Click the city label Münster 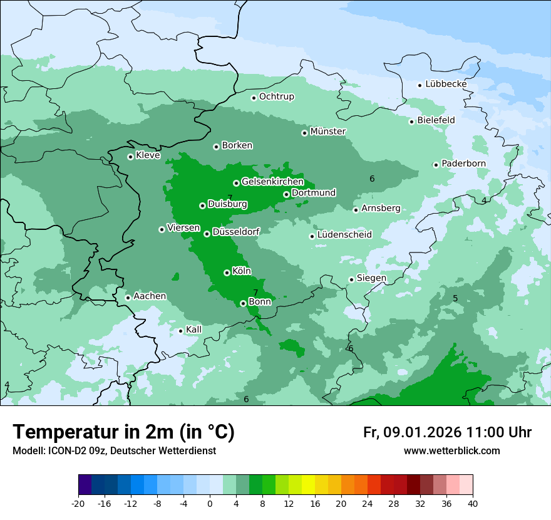click(x=328, y=132)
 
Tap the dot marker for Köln click(x=227, y=273)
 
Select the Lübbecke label click(x=446, y=84)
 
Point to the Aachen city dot click(x=128, y=298)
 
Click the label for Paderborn click(x=463, y=164)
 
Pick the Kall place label click(x=194, y=330)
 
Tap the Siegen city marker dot click(x=351, y=279)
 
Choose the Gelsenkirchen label click(x=272, y=182)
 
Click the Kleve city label click(x=148, y=155)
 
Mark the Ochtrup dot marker click(x=254, y=97)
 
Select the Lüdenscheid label click(x=344, y=235)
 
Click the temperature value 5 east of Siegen click(x=455, y=298)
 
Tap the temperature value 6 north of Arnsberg click(x=372, y=179)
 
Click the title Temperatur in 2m click(x=123, y=432)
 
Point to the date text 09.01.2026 click(x=422, y=432)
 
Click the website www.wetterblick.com click(x=451, y=451)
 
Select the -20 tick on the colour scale click(x=78, y=503)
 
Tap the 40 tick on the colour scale click(x=473, y=503)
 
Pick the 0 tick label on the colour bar click(x=210, y=503)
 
